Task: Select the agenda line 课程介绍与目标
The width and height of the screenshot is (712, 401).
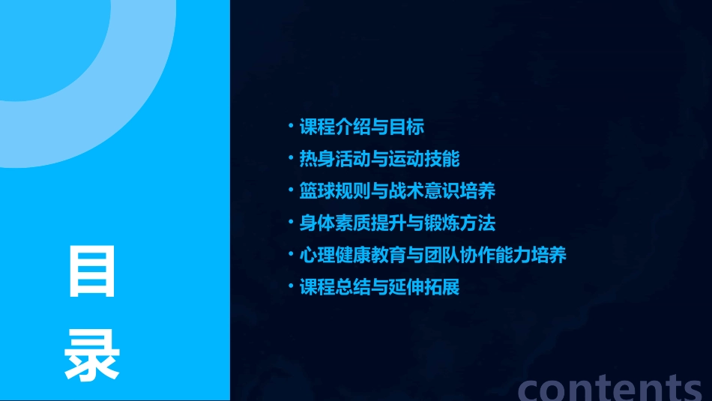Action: [362, 127]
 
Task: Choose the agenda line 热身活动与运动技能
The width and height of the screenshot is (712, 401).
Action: [379, 159]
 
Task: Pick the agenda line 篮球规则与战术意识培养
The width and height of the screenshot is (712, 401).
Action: [397, 191]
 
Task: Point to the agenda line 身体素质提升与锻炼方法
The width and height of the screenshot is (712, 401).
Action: [397, 223]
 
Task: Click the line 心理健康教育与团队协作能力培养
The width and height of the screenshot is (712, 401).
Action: [432, 255]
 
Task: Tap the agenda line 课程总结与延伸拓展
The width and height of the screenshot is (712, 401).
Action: [379, 287]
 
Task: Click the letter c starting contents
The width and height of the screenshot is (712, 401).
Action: [531, 388]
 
